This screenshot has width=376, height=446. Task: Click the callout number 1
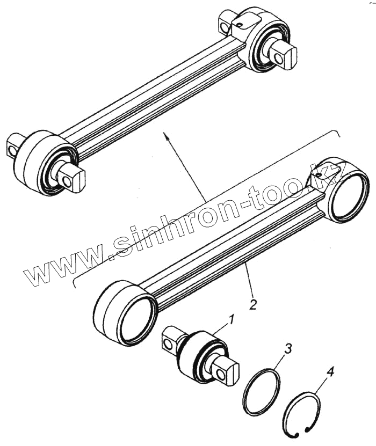(x=230, y=321)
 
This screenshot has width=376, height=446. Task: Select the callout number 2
(x=252, y=305)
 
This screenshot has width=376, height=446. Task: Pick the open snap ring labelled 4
(x=302, y=414)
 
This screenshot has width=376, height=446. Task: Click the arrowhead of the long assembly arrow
(x=167, y=138)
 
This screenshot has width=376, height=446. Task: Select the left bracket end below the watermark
(x=74, y=283)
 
